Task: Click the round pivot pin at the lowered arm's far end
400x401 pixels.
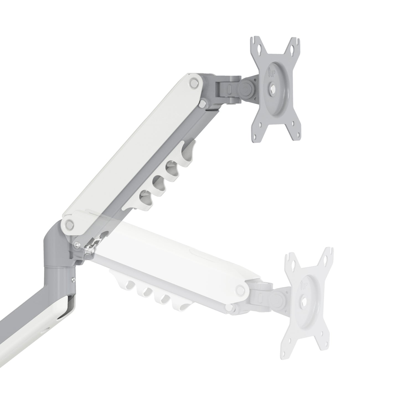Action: click(x=240, y=290)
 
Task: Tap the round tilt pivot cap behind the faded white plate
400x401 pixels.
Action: click(x=277, y=298)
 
